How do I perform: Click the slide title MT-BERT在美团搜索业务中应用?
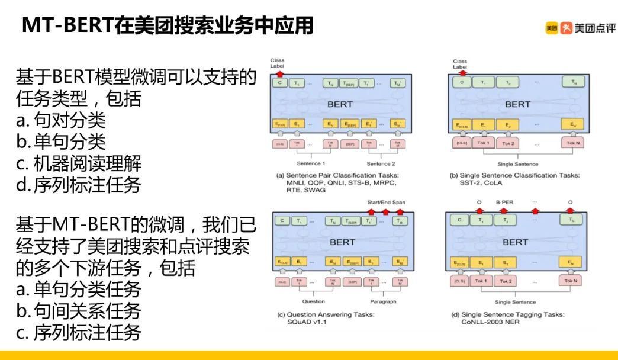[168, 26]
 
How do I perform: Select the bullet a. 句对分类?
[60, 120]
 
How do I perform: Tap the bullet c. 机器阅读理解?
[78, 163]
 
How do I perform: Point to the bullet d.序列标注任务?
[78, 185]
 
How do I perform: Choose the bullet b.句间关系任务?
[78, 311]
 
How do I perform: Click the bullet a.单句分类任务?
[78, 290]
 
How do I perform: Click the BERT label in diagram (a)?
[340, 104]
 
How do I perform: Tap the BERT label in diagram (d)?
[514, 242]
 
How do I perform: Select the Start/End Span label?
[387, 202]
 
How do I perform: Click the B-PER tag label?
[503, 202]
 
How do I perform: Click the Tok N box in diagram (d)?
[572, 281]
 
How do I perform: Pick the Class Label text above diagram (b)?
[460, 64]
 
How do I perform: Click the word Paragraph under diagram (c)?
[382, 301]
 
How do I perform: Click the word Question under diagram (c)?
[313, 301]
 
